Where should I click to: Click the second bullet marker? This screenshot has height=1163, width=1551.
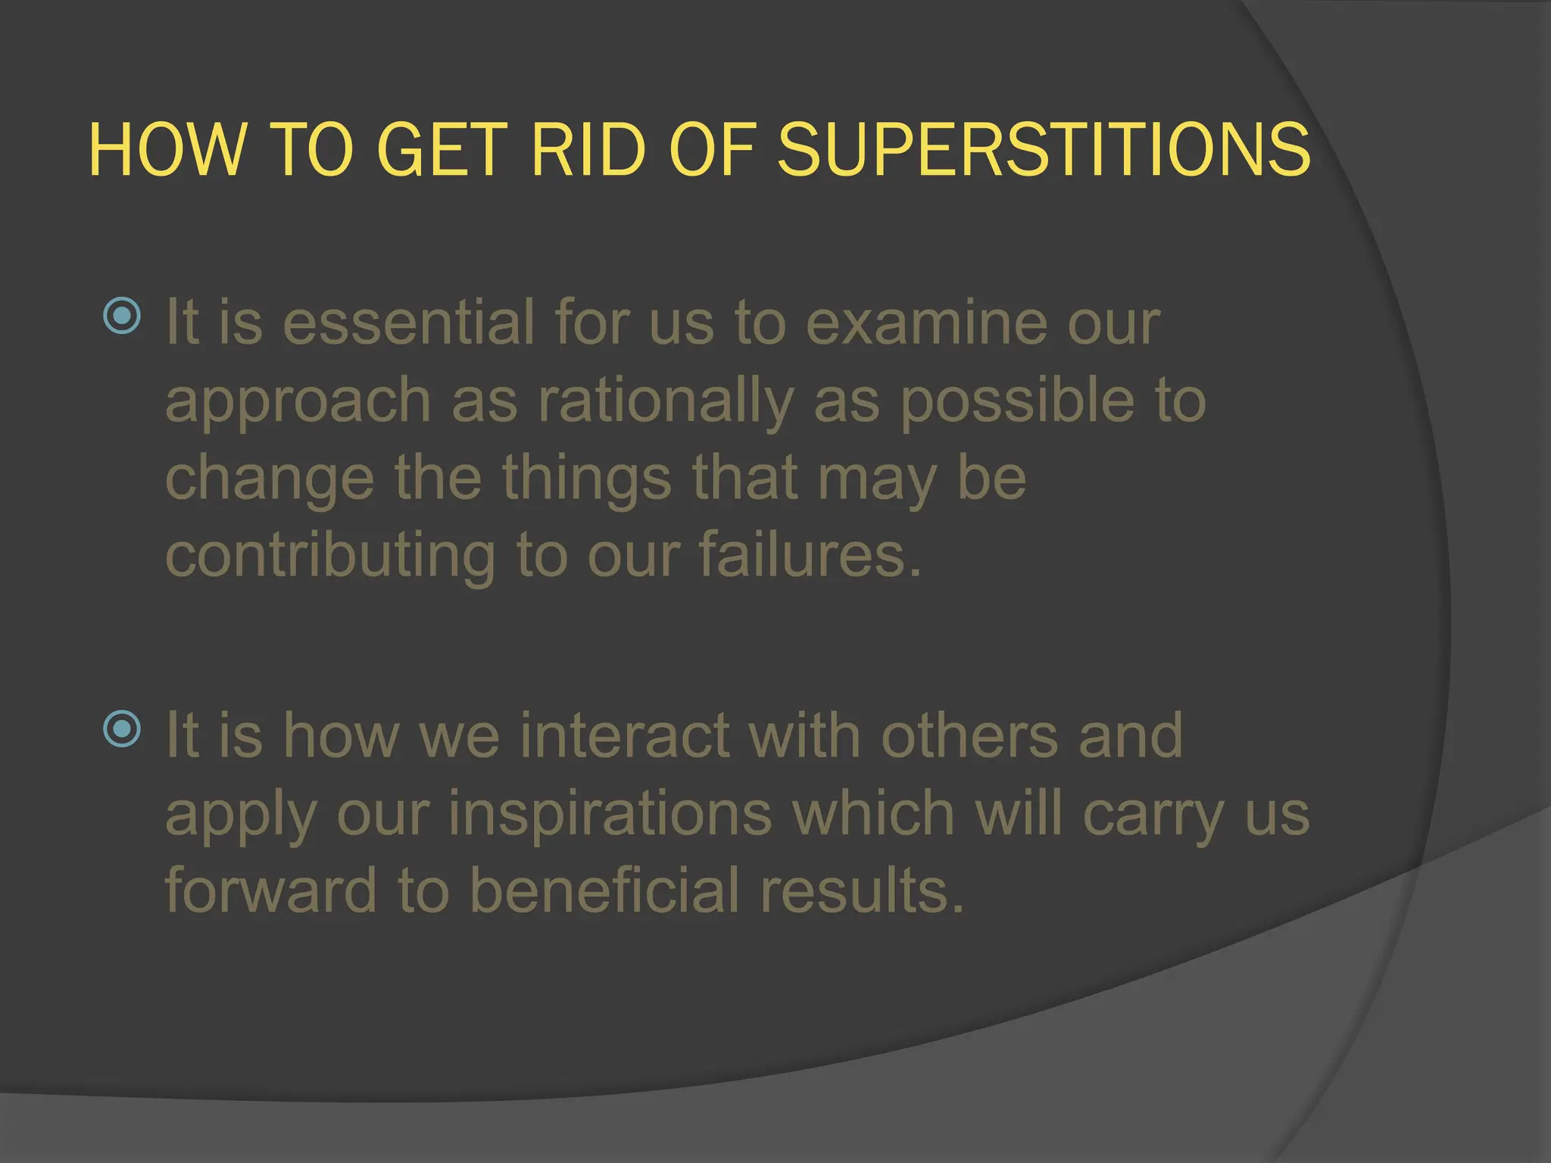coord(122,728)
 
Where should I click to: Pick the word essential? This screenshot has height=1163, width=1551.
coord(408,323)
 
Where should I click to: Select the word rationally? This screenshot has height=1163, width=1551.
coord(666,401)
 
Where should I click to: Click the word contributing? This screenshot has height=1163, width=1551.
coord(330,557)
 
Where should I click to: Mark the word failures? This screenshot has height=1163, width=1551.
coord(810,556)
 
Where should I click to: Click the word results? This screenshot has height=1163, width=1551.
coord(863,890)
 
